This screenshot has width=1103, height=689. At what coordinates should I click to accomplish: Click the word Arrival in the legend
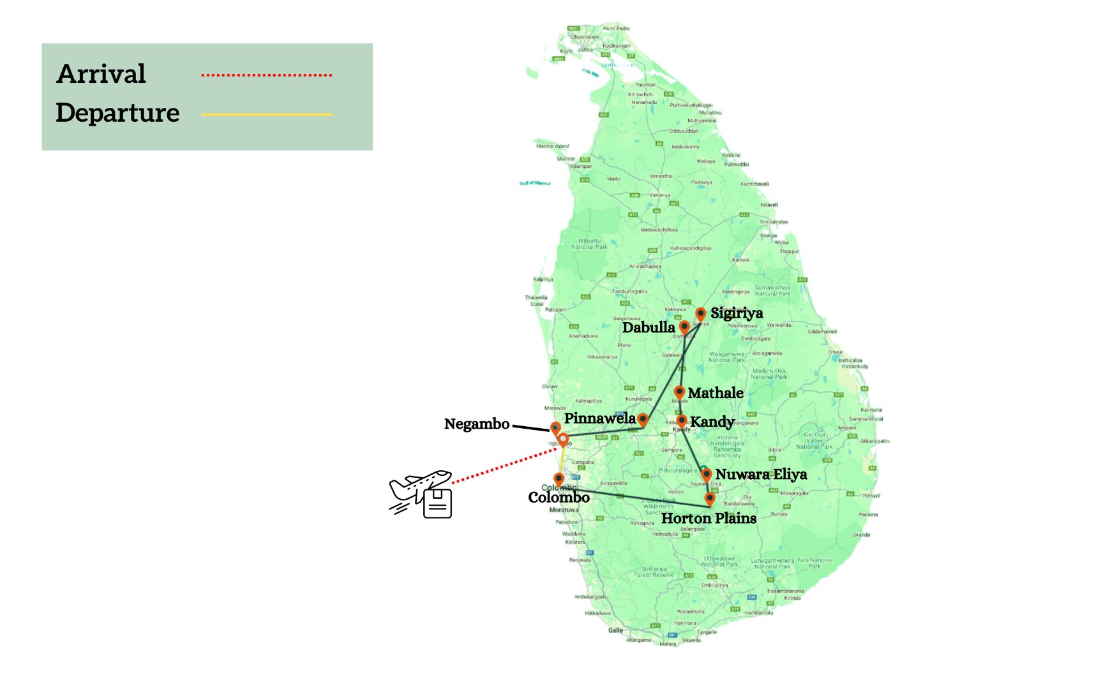101,74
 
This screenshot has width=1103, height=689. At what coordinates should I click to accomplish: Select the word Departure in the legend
118,113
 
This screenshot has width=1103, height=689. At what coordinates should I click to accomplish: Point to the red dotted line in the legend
267,75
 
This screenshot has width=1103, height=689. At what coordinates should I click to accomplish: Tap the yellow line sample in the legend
267,115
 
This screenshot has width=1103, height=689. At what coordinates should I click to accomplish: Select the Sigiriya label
737,313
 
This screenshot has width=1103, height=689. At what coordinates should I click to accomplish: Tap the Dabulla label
649,327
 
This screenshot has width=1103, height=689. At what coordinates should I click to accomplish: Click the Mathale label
716,393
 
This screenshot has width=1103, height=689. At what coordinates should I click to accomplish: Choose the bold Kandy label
712,422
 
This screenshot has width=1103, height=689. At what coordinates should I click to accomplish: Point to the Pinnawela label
600,419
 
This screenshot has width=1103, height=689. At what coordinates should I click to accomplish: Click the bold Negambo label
477,424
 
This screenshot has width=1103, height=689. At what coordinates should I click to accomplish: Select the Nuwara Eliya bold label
761,474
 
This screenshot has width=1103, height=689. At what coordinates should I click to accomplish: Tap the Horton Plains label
709,518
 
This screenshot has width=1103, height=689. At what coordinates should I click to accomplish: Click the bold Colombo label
559,498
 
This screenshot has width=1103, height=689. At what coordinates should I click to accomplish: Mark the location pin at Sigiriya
700,314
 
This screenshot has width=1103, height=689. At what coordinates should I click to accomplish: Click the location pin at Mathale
680,392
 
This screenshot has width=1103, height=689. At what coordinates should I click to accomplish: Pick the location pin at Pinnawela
643,419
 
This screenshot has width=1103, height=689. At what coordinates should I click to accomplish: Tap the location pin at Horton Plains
710,498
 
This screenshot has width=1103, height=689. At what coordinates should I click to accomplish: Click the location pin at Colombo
559,478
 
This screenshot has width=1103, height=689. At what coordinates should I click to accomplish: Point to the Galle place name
615,630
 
